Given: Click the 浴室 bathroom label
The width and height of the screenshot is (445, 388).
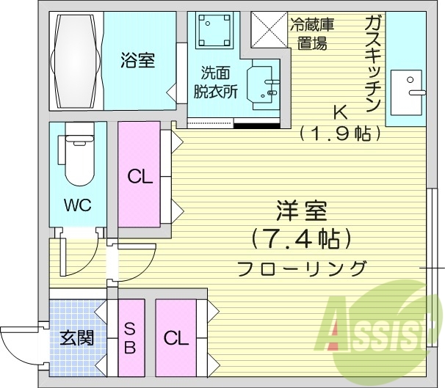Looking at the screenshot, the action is tap(137, 60).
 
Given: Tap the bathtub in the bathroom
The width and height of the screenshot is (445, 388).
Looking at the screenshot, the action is tap(76, 61).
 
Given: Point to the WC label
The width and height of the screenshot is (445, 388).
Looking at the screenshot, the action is tap(78, 205).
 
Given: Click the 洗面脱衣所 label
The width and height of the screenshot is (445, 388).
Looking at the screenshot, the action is tap(215, 82).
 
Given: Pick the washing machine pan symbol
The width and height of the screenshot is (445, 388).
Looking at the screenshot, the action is tap(214, 30).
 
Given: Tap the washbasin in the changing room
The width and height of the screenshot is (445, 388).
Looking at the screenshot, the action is tap(263, 84).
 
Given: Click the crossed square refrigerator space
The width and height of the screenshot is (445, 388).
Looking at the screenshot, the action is tap(269, 29).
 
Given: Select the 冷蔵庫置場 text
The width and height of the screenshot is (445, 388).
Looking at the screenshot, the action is tap(312, 34).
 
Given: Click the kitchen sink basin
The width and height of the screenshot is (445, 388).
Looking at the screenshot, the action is tap(406, 92).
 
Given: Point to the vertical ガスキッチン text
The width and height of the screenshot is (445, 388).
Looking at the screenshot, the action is tap(372, 64).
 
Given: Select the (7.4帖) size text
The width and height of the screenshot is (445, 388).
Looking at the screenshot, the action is tap(302, 240).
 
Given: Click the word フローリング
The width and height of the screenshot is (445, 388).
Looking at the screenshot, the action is tap(301, 268).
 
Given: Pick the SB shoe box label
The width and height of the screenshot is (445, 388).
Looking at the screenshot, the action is tap(130, 338).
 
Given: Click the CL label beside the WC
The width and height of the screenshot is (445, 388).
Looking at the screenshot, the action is tap(140, 177).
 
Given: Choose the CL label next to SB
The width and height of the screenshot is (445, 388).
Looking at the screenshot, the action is tap(176, 338).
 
